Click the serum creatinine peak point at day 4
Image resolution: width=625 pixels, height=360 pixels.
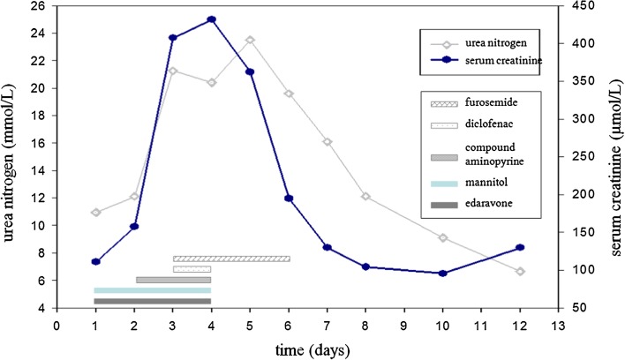tap(211, 19)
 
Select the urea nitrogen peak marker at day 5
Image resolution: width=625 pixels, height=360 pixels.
tap(250, 40)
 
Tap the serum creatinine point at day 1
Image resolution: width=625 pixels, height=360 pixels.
tap(95, 261)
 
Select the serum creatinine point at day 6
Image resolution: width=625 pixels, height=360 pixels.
tap(289, 199)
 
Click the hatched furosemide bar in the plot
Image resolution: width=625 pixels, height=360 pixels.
tap(231, 259)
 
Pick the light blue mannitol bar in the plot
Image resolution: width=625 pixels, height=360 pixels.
tap(153, 290)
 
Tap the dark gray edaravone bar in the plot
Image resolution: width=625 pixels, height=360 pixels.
tap(153, 301)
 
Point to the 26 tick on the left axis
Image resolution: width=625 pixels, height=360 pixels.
tap(39, 6)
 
